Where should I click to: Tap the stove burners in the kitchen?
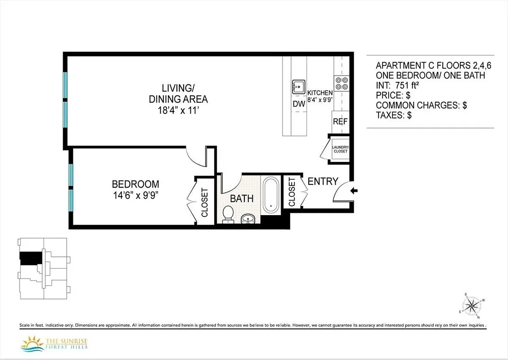[x=341, y=83]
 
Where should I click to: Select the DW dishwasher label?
[x=299, y=103]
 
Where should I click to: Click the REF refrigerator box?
[x=340, y=121]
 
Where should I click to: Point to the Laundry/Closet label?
[x=340, y=149]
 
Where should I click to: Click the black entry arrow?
[x=354, y=191]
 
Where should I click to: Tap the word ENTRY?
[x=323, y=181]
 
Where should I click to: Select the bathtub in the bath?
[x=271, y=195]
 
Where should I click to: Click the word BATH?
[x=242, y=198]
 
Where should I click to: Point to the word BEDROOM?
[x=135, y=184]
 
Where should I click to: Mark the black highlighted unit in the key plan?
[x=31, y=258]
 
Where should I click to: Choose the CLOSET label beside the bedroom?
[x=204, y=202]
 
